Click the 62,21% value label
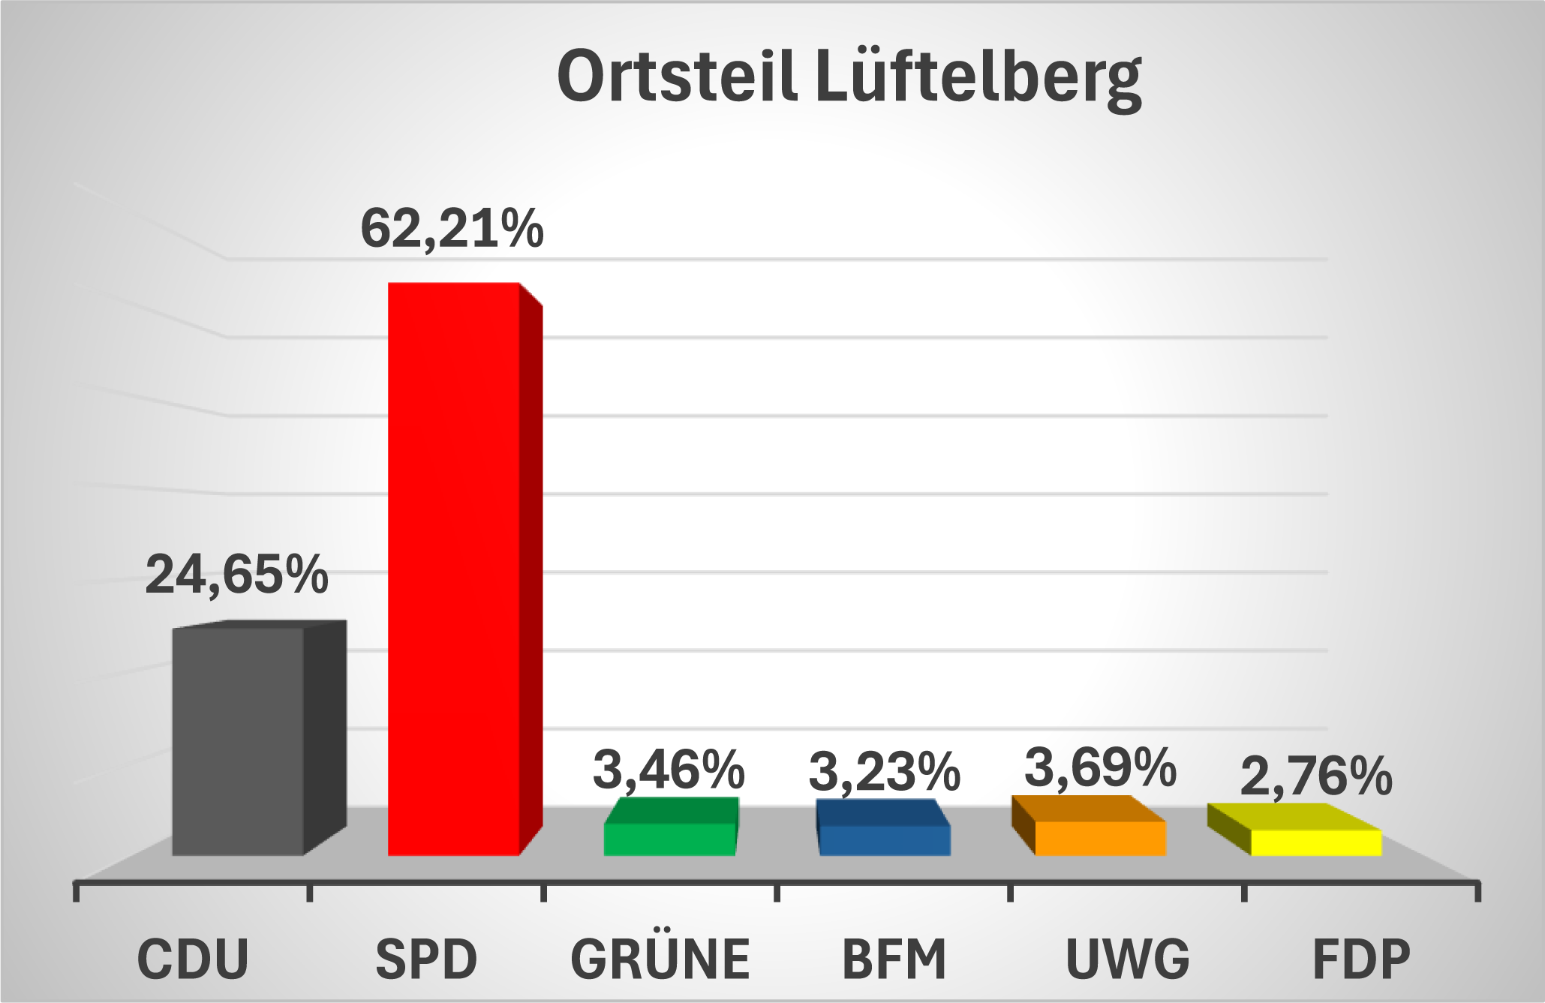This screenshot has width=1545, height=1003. click(x=452, y=229)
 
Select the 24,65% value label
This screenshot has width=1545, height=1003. click(x=236, y=575)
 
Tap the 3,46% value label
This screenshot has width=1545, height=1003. click(x=669, y=770)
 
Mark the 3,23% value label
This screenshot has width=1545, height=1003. click(x=884, y=772)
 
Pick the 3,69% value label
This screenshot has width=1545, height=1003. click(x=1100, y=767)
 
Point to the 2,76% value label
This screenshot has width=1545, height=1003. click(x=1316, y=777)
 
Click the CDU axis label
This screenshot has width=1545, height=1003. click(x=193, y=959)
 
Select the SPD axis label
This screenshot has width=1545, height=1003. click(x=426, y=959)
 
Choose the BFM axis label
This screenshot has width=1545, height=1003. click(x=894, y=959)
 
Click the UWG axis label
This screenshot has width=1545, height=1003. click(x=1128, y=959)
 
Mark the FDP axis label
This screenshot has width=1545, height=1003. click(x=1361, y=959)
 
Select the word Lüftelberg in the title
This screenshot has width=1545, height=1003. click(x=978, y=80)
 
